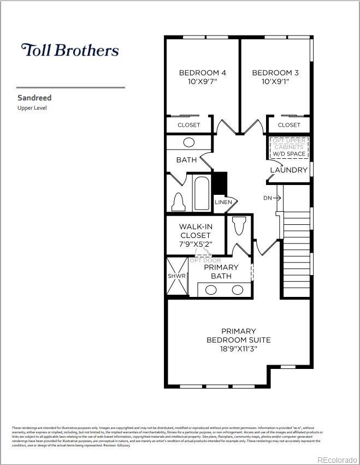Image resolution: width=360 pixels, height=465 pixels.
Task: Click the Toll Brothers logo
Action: tap(70, 50)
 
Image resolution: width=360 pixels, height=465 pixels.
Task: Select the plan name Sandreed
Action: tap(34, 98)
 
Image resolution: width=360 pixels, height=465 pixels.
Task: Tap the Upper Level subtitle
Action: tap(32, 108)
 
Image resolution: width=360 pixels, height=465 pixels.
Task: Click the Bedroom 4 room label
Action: tap(203, 73)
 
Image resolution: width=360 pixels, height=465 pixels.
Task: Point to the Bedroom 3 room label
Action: tap(275, 73)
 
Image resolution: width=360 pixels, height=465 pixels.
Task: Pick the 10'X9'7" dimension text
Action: tap(203, 82)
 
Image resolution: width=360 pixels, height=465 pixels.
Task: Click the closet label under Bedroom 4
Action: tap(189, 125)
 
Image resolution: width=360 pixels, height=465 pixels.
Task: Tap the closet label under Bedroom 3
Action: tap(289, 125)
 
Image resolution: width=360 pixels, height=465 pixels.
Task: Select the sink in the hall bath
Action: tap(188, 142)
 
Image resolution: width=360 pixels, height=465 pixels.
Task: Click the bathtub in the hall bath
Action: tap(202, 193)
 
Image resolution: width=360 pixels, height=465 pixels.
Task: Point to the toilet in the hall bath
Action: tap(178, 202)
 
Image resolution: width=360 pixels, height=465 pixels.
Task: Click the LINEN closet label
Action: tap(223, 202)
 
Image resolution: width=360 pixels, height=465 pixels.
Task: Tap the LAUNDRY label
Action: tap(289, 170)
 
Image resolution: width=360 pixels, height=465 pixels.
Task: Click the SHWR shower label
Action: tap(176, 276)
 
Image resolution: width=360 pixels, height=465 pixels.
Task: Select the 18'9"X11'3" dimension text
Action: tap(238, 349)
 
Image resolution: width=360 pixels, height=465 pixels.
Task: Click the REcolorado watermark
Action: tap(338, 459)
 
